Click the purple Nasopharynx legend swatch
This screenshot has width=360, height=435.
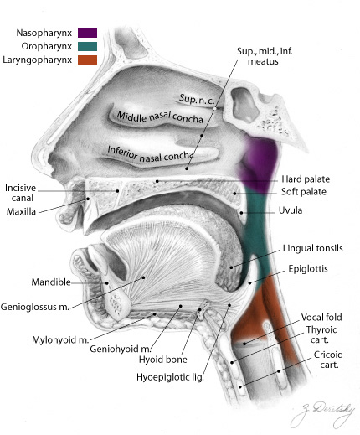87,33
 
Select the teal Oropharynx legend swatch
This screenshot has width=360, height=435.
87,46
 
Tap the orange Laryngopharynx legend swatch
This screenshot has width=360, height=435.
87,60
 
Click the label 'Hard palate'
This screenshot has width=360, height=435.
306,179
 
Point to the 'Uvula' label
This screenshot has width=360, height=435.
291,210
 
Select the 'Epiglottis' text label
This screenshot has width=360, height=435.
308,269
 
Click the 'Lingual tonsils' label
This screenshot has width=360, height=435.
313,248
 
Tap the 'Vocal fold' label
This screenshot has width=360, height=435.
321,317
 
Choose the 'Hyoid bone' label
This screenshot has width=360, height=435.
163,360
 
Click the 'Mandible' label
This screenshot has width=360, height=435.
51,282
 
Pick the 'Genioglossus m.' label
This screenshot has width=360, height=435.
35,307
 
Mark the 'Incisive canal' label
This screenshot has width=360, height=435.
21,193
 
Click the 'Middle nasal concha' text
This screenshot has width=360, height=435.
160,117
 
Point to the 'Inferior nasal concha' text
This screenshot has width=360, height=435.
151,154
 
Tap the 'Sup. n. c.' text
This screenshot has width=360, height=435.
197,100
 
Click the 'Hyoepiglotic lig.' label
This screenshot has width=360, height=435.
170,377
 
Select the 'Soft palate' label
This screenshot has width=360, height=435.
304,192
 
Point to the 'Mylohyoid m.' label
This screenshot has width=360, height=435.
60,339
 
